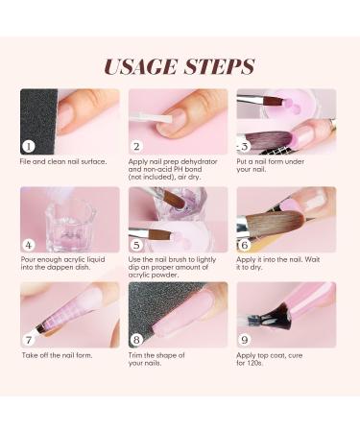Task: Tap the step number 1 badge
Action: pos(29,146)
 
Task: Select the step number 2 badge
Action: pos(136,146)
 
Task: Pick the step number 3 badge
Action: pos(245,146)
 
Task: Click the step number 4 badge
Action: pos(29,244)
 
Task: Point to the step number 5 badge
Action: pos(136,244)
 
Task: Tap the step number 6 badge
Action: pos(245,244)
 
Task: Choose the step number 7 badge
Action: pos(29,339)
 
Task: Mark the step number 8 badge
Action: pos(136,339)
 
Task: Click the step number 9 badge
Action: pos(245,339)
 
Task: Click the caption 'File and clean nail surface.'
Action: pos(63,161)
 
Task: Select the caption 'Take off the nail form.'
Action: pos(57,354)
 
